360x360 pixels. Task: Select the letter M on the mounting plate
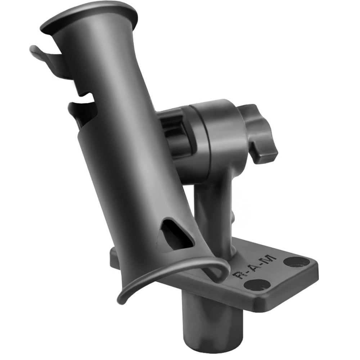click(269, 260)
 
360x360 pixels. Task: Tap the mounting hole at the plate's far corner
click(296, 261)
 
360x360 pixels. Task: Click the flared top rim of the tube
click(90, 16)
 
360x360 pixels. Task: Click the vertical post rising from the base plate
click(212, 212)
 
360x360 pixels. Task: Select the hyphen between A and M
click(261, 264)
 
